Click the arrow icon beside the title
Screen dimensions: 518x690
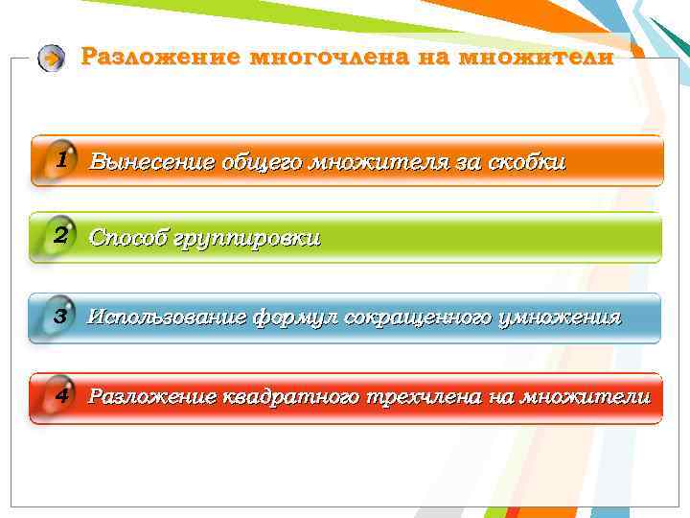[52, 59]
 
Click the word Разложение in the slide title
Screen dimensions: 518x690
[159, 57]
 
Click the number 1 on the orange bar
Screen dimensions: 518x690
[60, 159]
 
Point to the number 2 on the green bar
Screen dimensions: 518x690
[60, 236]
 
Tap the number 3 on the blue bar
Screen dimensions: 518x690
[60, 316]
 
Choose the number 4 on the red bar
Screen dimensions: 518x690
[60, 395]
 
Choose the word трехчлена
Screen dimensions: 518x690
[423, 396]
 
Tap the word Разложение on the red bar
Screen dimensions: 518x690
[151, 396]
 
